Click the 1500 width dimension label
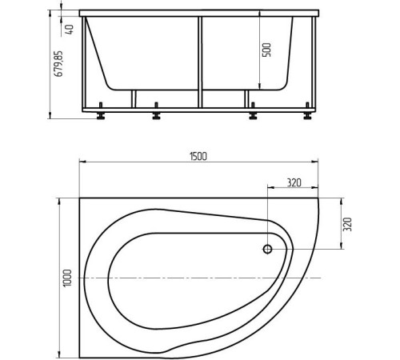tap(198, 156)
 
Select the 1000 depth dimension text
tap(68, 276)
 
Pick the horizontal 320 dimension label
tap(292, 183)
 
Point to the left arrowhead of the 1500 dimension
tap(82, 162)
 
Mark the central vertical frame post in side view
tap(201, 60)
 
